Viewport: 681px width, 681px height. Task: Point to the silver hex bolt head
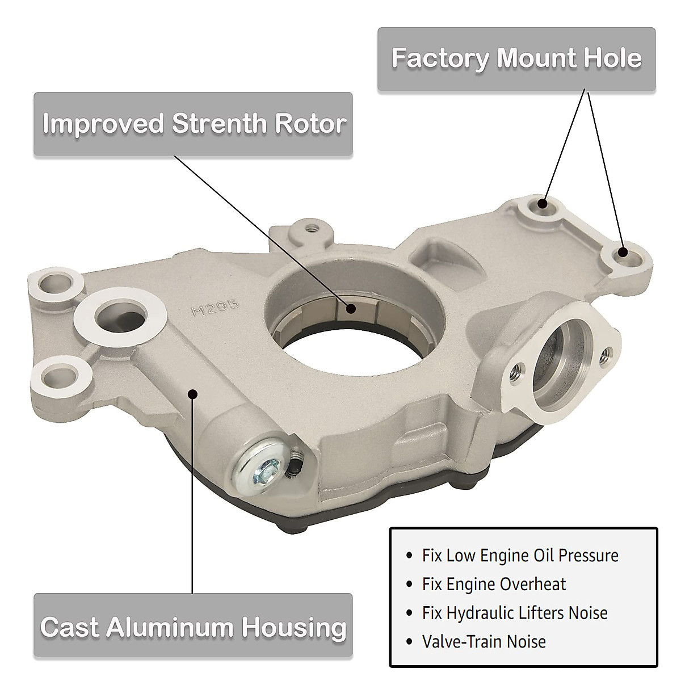pos(262,468)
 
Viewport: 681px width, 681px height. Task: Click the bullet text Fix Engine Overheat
pos(494,584)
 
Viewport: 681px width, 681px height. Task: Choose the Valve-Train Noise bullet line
pos(484,642)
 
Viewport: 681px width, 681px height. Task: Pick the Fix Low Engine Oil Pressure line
pos(520,555)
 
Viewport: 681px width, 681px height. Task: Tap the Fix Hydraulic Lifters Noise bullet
pos(515,613)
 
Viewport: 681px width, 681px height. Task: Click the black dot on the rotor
pos(352,309)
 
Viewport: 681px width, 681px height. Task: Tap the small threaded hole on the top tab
pos(310,228)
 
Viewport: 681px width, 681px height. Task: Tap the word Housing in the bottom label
pos(294,627)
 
